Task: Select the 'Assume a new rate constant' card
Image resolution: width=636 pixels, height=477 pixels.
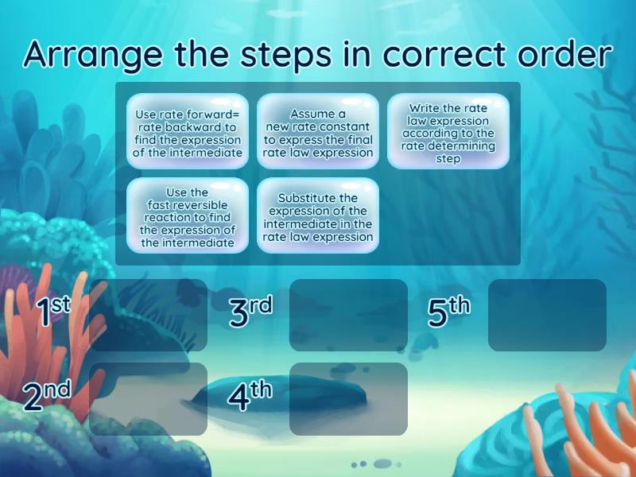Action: click(317, 132)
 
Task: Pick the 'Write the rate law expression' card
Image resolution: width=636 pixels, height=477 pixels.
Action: click(448, 132)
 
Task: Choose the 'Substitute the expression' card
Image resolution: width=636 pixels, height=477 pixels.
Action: click(317, 216)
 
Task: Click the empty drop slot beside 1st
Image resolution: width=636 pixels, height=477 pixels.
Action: click(149, 315)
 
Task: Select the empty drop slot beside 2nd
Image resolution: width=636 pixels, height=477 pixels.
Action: click(149, 399)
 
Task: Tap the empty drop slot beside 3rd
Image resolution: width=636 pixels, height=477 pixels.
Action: click(348, 315)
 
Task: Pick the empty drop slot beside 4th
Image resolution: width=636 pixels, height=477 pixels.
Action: click(348, 399)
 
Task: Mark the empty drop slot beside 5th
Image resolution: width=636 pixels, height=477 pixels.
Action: click(547, 315)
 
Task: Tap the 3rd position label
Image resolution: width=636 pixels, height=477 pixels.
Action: click(250, 312)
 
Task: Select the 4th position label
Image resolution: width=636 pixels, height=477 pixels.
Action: click(250, 396)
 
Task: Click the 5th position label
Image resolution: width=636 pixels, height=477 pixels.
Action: click(448, 312)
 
